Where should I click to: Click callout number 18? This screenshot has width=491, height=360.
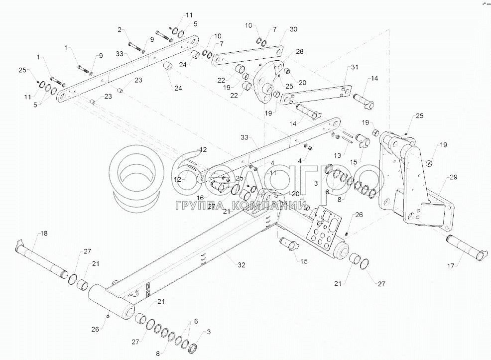pos(43,233)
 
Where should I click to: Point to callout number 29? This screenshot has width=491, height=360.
pos(453,177)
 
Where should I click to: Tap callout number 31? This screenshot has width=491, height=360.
pos(354,67)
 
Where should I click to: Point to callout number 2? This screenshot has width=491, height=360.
pos(119,30)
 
